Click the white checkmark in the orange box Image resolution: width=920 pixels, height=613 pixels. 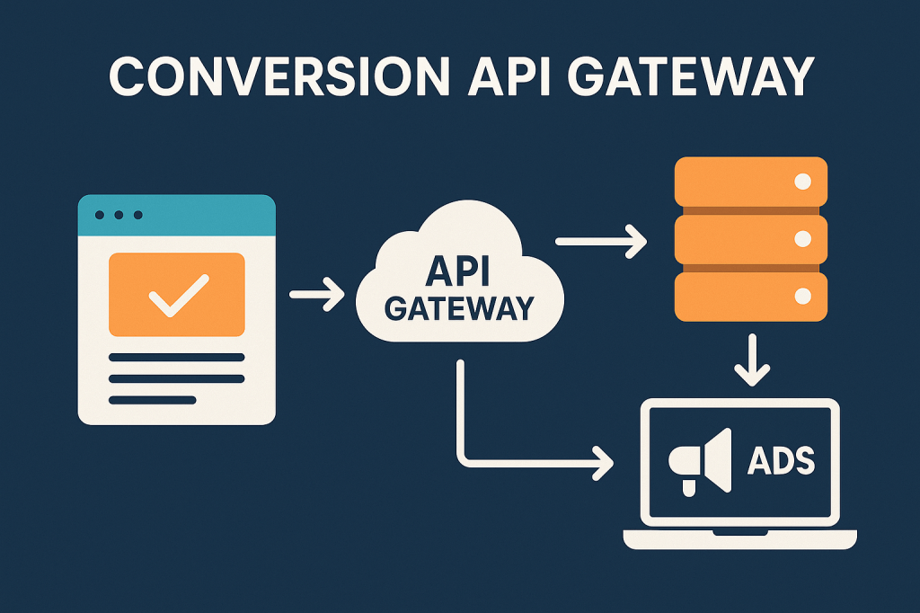(x=176, y=295)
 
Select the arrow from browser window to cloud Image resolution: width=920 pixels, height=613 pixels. (x=317, y=294)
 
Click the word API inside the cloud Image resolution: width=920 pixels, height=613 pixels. (x=459, y=271)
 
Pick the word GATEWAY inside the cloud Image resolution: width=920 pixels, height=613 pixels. (x=459, y=308)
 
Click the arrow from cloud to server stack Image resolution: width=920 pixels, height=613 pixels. (x=601, y=241)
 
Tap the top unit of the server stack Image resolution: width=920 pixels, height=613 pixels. (x=750, y=182)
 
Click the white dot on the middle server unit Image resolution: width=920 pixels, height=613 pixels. (x=802, y=239)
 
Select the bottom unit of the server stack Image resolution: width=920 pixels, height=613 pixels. (x=750, y=296)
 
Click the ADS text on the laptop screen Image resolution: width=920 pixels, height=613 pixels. (x=781, y=461)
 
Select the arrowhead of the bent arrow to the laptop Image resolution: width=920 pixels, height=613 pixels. (x=603, y=465)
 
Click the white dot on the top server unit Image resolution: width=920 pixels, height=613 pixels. (x=802, y=182)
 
